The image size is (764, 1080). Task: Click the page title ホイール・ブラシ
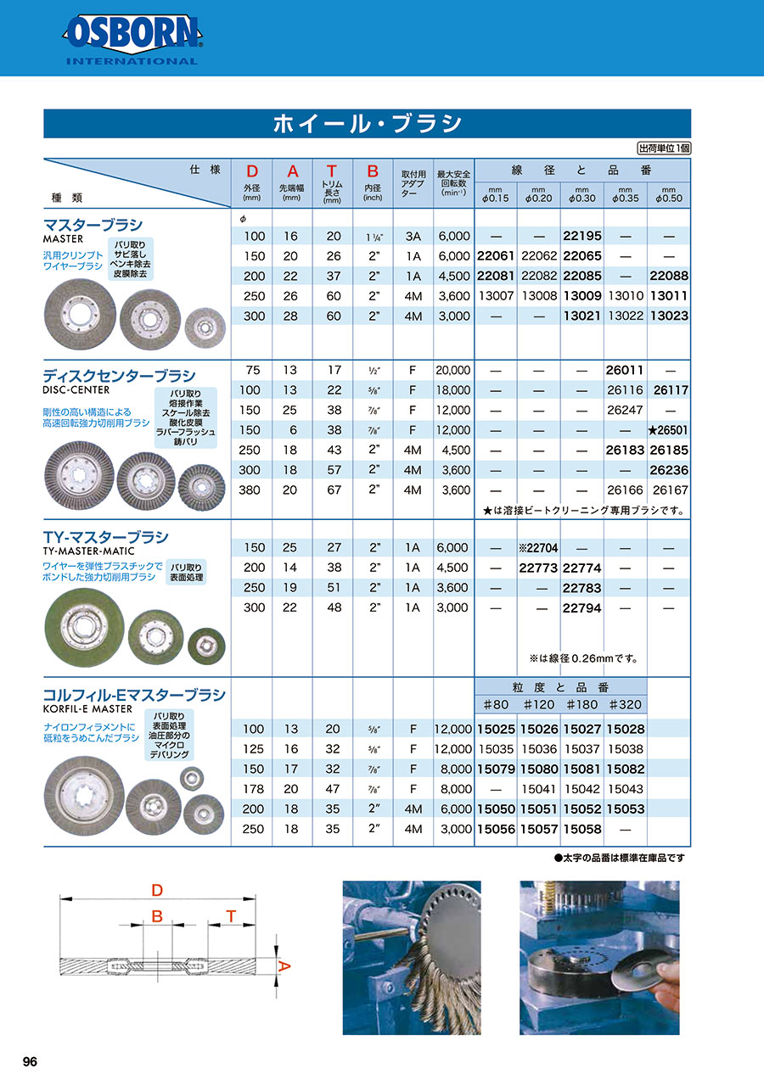click(x=367, y=124)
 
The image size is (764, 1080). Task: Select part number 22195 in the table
click(x=581, y=236)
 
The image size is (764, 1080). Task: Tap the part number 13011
click(x=668, y=296)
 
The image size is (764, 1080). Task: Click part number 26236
click(x=668, y=470)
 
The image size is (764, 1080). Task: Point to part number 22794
click(x=581, y=607)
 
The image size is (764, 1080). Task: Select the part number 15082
click(x=625, y=769)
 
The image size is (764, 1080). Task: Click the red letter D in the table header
click(x=251, y=171)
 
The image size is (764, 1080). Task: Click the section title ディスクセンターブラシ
click(x=119, y=375)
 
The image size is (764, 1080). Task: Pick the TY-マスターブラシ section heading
click(x=105, y=537)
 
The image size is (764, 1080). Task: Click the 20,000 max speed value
click(x=452, y=371)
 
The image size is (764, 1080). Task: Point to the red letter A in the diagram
click(x=285, y=965)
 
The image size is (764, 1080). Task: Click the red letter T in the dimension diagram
click(x=230, y=915)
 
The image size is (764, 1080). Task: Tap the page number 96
click(x=30, y=1061)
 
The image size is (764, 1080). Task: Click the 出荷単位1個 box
click(x=664, y=148)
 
